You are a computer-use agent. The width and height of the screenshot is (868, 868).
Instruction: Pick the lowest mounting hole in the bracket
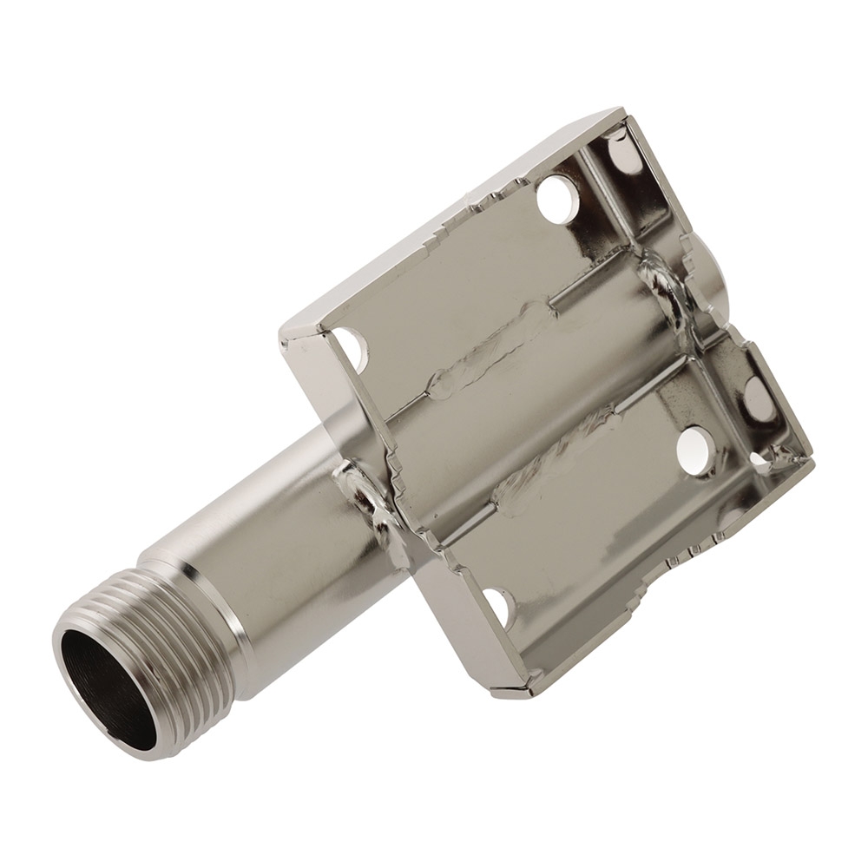tap(498, 607)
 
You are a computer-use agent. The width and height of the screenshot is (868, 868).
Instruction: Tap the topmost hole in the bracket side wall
tap(623, 154)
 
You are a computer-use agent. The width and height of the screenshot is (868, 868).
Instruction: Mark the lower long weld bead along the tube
tap(556, 460)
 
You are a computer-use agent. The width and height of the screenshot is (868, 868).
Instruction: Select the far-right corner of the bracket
tap(812, 460)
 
